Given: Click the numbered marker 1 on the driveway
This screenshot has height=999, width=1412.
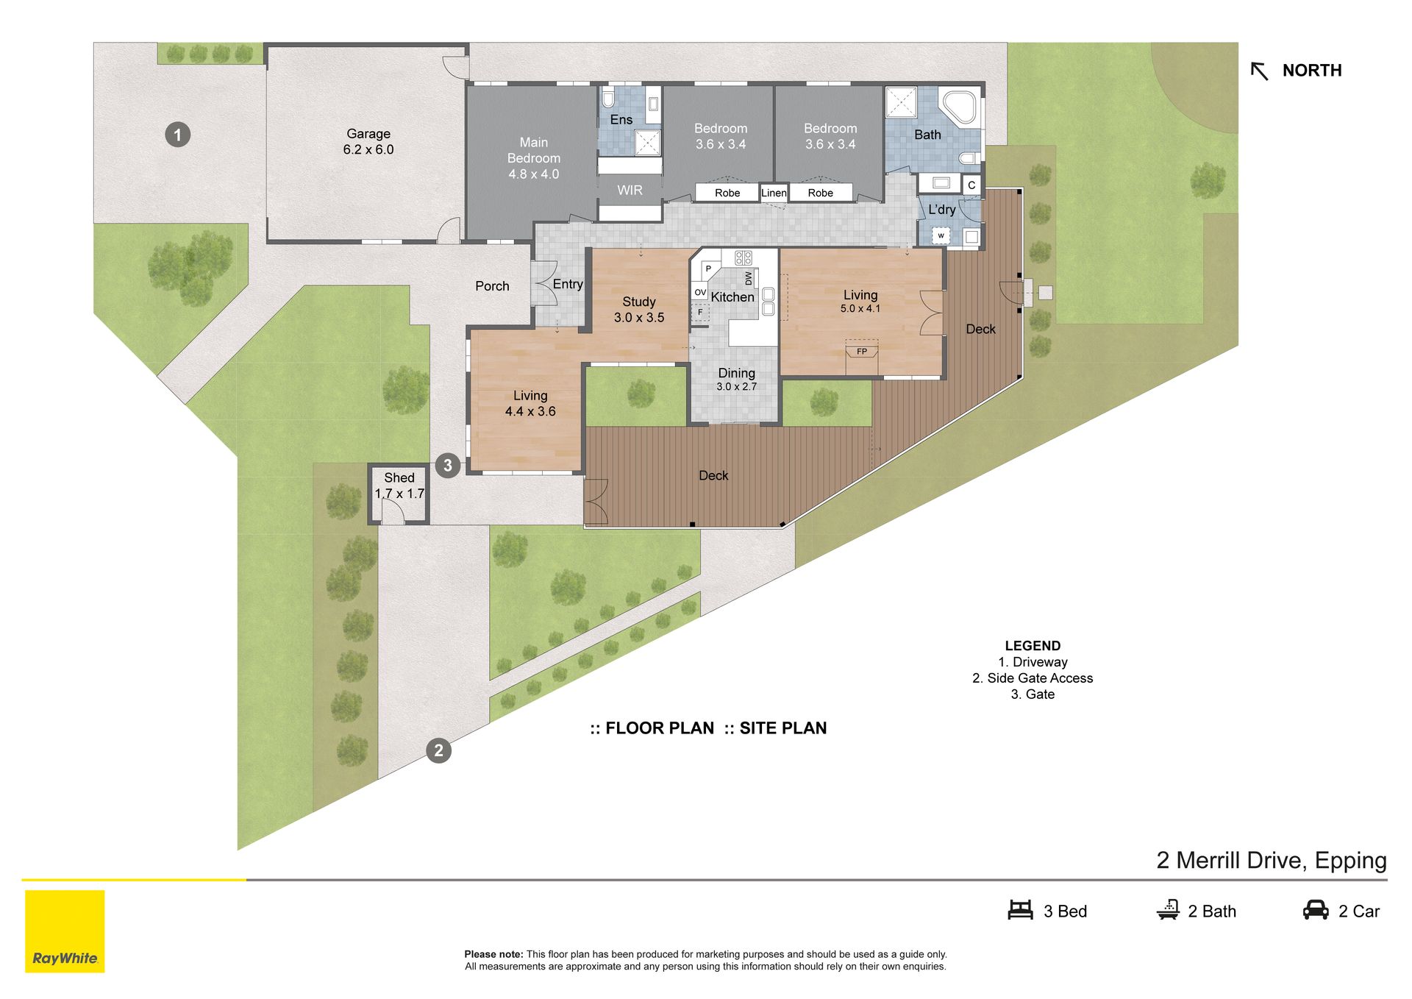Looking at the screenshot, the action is (x=177, y=135).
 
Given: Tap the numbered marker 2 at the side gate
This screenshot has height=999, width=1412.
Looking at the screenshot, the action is (x=438, y=750).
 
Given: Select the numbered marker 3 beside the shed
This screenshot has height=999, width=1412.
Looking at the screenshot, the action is (x=448, y=465).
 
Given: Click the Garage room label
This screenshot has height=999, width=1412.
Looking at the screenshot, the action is (x=368, y=134).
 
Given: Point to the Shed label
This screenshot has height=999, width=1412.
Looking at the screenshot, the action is (x=399, y=477).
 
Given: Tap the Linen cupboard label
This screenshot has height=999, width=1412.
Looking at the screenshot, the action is (x=774, y=193).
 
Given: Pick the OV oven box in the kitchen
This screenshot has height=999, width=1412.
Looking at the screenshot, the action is (x=700, y=292).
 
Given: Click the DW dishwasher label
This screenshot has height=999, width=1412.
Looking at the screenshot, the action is (x=749, y=279).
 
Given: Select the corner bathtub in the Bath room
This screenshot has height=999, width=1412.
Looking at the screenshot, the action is (x=959, y=107).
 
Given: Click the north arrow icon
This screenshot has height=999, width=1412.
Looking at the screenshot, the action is (x=1259, y=71).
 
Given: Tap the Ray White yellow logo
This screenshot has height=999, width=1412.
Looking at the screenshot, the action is (x=65, y=931).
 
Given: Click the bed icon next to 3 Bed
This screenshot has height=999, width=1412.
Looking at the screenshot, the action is (x=1020, y=910).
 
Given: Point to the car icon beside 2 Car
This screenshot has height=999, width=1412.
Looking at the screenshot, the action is (x=1316, y=910).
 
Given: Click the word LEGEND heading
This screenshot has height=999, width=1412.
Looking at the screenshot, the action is (x=1033, y=646).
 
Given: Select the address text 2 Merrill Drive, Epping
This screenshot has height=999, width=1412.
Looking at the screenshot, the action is (x=1272, y=860).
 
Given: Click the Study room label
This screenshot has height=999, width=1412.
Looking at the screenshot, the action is (x=639, y=302).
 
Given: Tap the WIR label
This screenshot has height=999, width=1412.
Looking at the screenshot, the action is (x=630, y=190).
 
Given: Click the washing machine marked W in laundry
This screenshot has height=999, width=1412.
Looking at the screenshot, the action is (x=941, y=235).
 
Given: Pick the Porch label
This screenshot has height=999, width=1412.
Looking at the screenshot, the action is (x=492, y=286).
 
